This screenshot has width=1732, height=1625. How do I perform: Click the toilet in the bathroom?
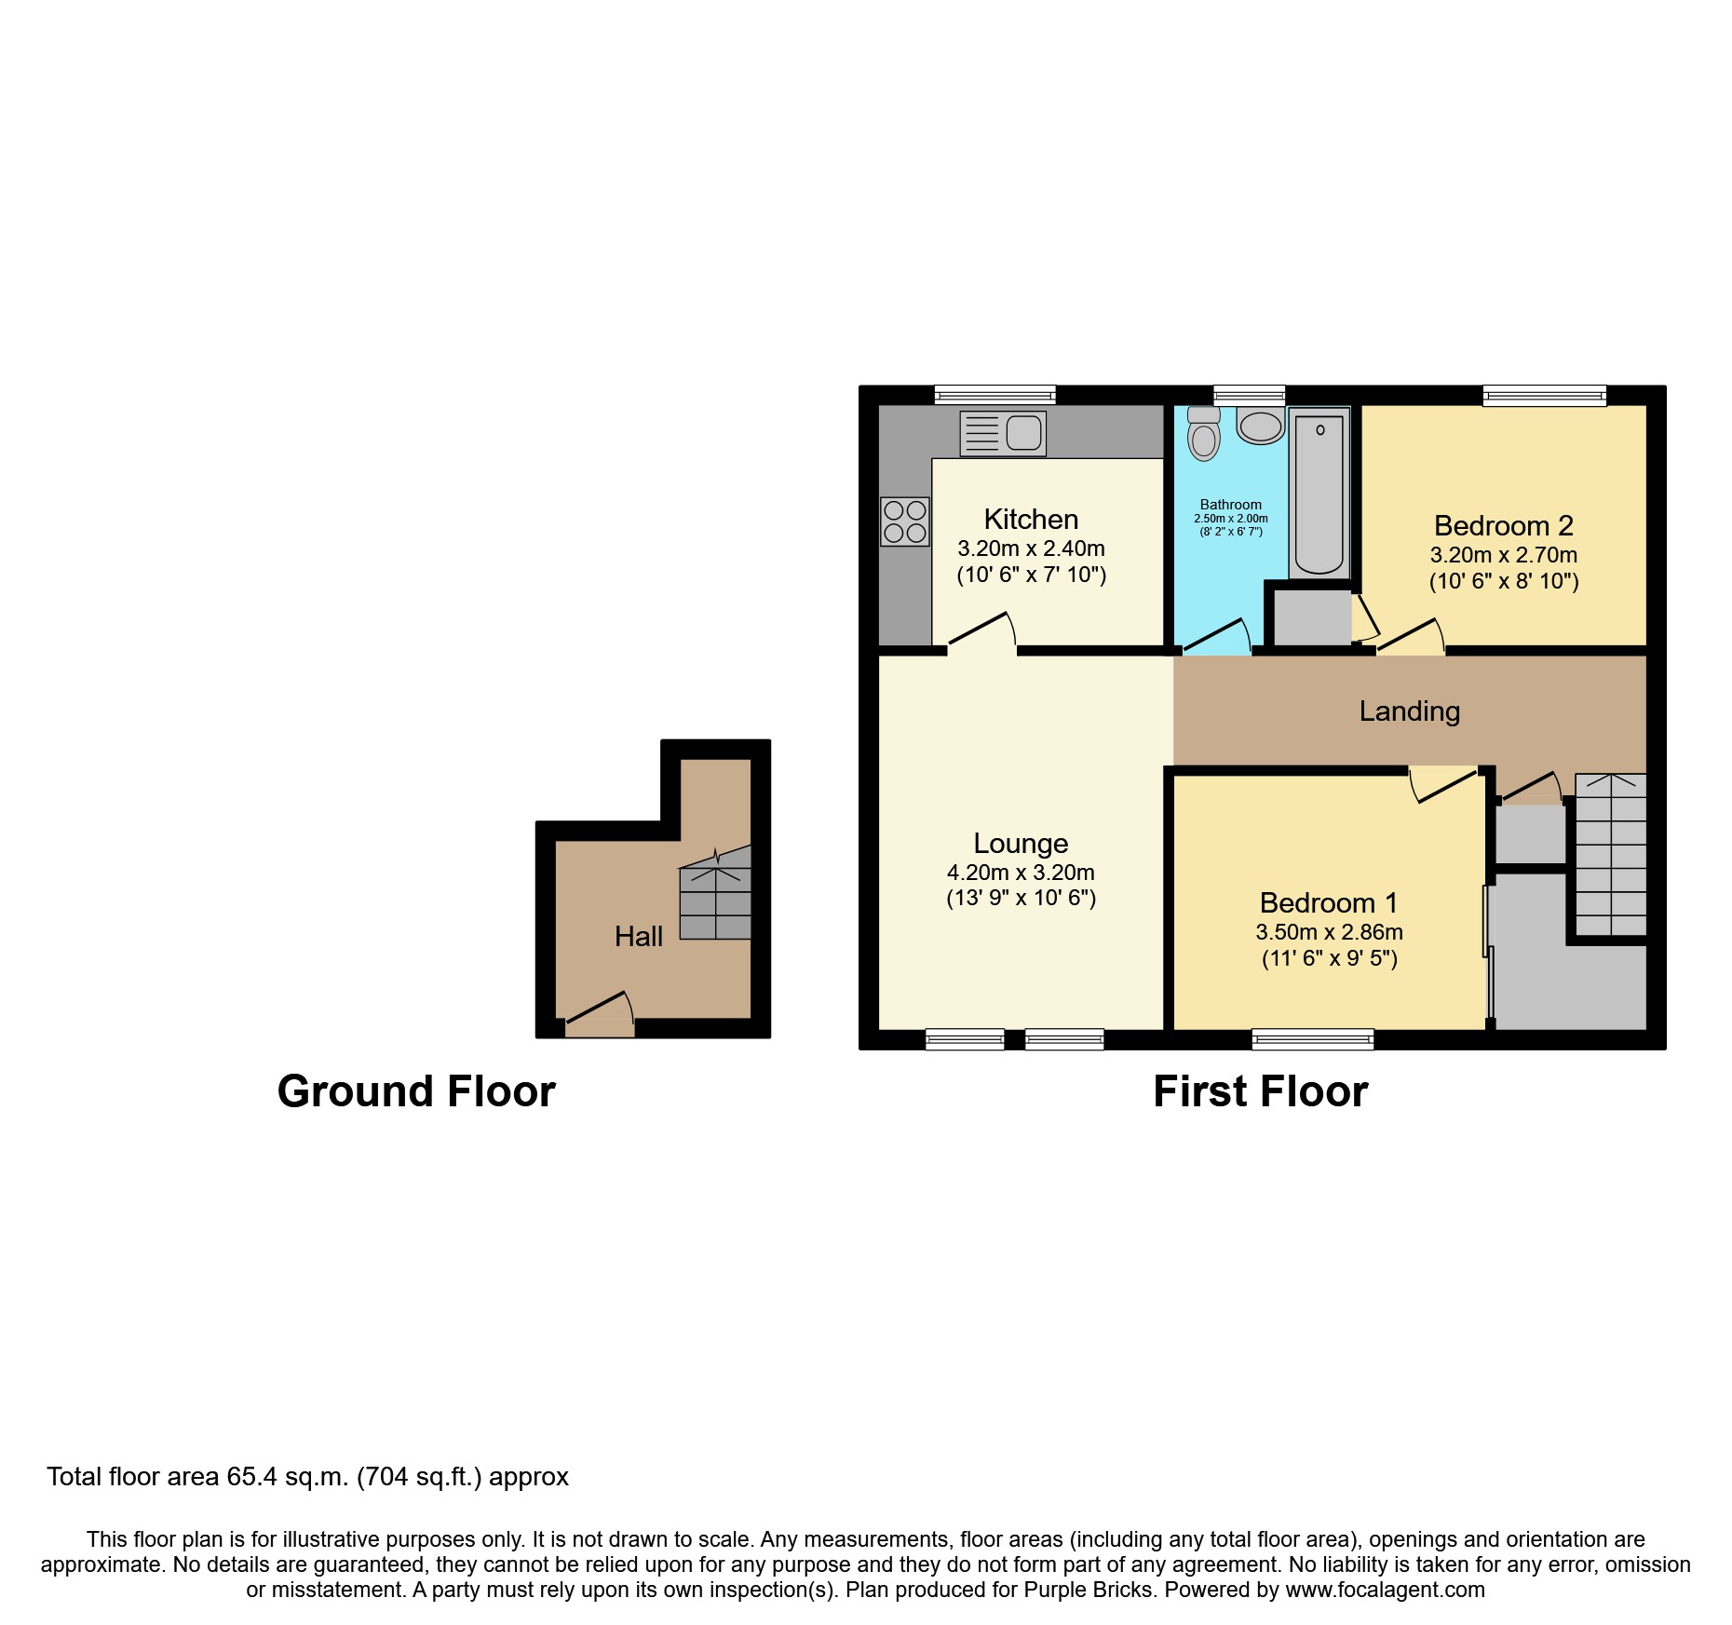point(1204,435)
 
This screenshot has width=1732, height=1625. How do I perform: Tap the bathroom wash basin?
point(1261,427)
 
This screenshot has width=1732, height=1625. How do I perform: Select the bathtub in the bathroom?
point(1319,494)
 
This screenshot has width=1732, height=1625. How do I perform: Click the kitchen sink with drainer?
point(1003,433)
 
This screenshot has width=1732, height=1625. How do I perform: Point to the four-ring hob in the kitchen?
point(905,521)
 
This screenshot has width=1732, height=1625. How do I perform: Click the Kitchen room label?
point(1031,519)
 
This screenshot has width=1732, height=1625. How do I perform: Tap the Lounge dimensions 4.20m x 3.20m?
point(1021,873)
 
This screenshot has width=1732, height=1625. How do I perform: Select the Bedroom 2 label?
point(1503,525)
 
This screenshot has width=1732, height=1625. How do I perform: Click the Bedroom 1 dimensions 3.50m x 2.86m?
point(1329,932)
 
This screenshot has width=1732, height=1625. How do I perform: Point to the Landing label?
point(1409,711)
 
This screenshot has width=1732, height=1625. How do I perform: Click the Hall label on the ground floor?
point(638,937)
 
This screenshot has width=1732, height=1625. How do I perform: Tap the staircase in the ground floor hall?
point(715,899)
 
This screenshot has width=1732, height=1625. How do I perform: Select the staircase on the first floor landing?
point(1610,855)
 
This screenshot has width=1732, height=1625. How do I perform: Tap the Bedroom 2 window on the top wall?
point(1544,396)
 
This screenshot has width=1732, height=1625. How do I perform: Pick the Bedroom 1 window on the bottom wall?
point(1312,1038)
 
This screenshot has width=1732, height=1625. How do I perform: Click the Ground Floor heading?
point(416,1091)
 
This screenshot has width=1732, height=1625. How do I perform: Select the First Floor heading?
point(1260,1091)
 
